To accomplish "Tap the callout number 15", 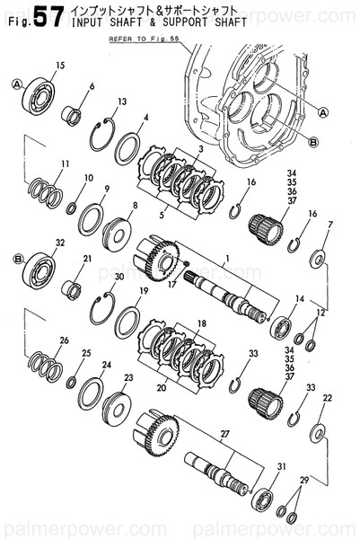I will [60, 66].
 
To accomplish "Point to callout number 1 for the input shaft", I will [228, 258].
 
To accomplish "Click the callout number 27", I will [225, 434].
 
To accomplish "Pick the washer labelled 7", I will [318, 260].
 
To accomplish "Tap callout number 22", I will [328, 397].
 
